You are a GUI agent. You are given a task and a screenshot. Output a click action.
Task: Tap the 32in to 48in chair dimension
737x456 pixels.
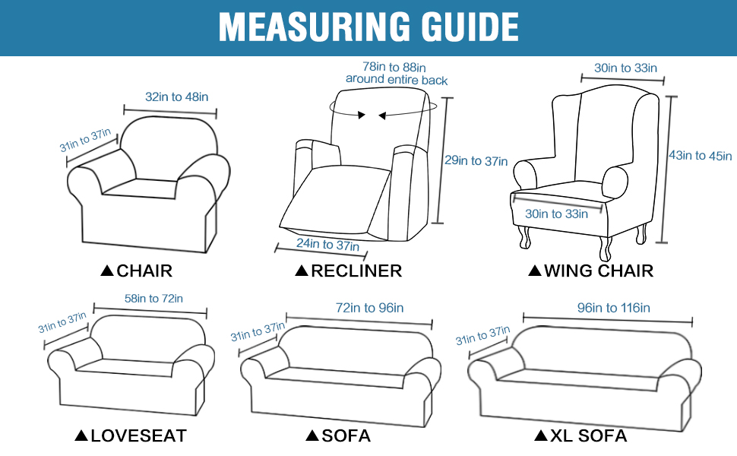[x=176, y=97]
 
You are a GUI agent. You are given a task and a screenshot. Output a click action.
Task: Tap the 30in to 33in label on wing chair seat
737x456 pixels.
[x=557, y=214]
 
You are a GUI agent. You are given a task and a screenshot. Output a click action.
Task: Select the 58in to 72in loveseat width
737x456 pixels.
[x=153, y=299]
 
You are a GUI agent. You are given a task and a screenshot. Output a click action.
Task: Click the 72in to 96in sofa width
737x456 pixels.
[x=369, y=308]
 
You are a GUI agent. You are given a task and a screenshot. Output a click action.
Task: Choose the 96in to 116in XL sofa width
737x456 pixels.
[x=614, y=308]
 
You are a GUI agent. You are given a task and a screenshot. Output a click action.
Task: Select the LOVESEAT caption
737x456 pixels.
[x=138, y=435]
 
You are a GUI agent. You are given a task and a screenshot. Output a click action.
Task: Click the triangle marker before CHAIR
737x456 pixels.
[x=106, y=271]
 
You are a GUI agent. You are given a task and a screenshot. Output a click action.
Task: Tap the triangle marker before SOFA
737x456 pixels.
[x=312, y=435]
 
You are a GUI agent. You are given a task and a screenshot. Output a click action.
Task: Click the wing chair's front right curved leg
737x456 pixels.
[x=606, y=248]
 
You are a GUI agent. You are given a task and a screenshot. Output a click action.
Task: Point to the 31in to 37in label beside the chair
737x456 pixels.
[x=86, y=141]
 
